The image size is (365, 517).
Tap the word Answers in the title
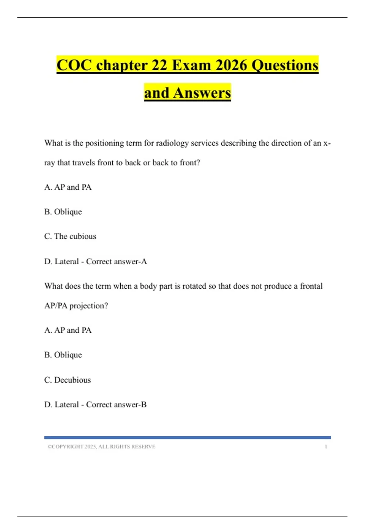[202, 93]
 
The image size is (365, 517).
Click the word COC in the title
[74, 65]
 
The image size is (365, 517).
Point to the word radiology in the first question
[172, 143]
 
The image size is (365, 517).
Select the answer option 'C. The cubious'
[70, 236]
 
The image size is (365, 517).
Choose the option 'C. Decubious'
[68, 380]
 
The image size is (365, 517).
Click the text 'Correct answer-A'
[116, 261]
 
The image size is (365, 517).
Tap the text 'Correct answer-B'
[116, 404]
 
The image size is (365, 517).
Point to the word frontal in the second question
[311, 286]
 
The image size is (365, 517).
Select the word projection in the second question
[89, 306]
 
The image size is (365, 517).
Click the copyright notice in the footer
[101, 446]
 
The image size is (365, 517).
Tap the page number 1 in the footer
[326, 446]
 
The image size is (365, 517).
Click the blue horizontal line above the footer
[187, 438]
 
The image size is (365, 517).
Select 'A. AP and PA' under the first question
[68, 187]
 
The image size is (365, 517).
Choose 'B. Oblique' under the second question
[63, 355]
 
